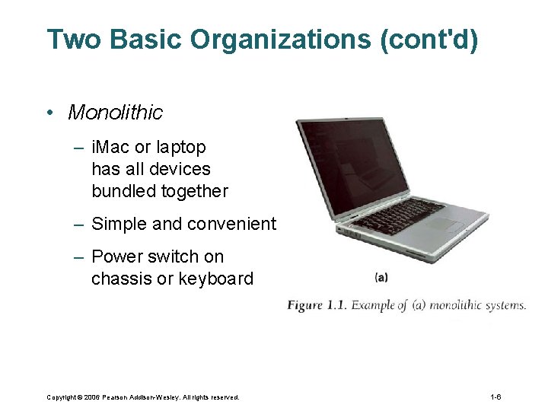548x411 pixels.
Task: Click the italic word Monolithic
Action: click(x=115, y=113)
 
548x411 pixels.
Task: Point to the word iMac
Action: click(x=111, y=146)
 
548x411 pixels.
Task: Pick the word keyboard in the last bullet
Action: click(x=215, y=279)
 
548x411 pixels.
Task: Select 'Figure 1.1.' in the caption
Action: click(x=317, y=305)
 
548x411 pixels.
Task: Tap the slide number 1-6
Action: click(x=495, y=397)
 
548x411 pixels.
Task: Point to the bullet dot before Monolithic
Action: click(x=48, y=113)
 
